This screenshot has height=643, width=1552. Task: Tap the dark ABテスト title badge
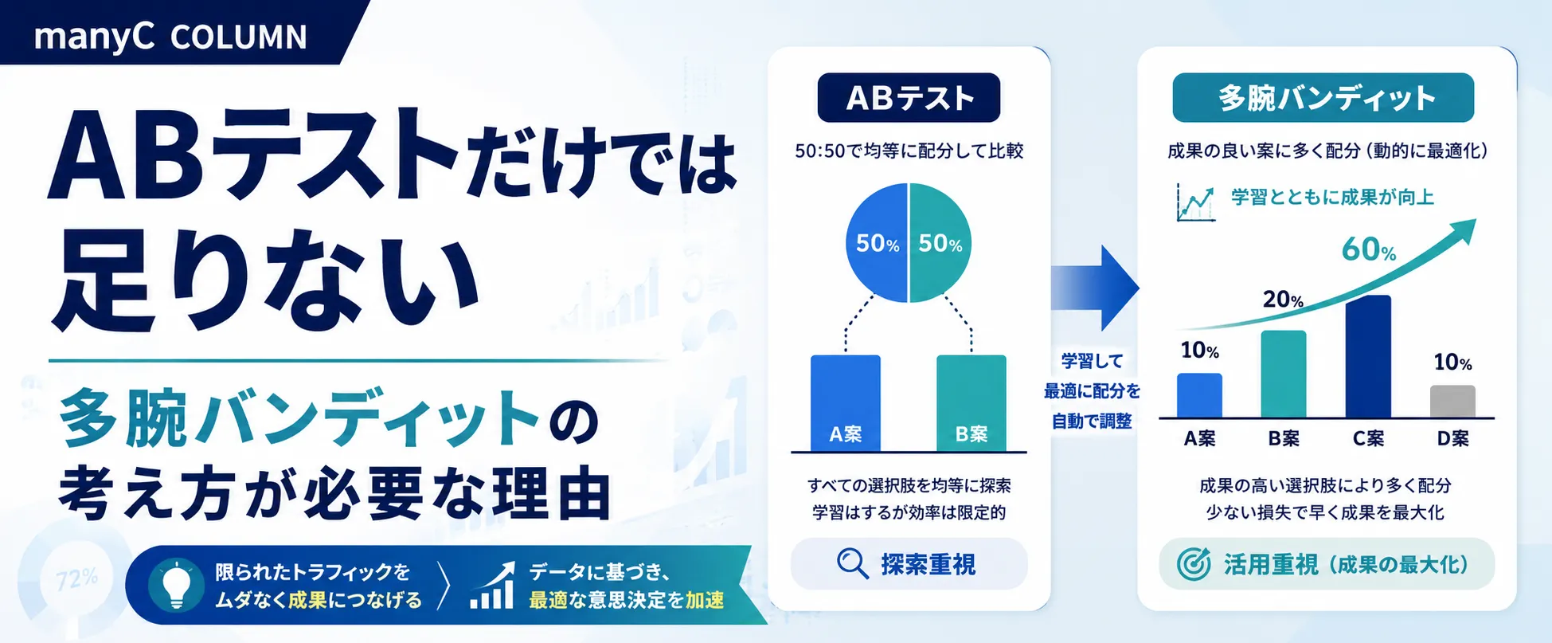point(909,98)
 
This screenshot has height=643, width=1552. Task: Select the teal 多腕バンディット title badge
point(1323,98)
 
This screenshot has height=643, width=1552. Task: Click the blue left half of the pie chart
point(877,243)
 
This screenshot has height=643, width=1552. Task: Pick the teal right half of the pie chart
point(940,243)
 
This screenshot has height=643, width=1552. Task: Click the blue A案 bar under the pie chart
point(846,403)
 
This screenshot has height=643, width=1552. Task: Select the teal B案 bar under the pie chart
point(971,403)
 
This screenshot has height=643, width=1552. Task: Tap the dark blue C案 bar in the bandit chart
point(1368,356)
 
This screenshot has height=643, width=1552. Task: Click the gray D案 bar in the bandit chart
point(1452,402)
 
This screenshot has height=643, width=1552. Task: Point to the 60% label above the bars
point(1369,250)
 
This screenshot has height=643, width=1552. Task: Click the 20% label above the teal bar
point(1283,300)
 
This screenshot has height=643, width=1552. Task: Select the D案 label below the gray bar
point(1452,438)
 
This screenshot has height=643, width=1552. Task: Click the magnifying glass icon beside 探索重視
point(852,564)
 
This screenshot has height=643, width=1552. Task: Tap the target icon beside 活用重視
point(1194,564)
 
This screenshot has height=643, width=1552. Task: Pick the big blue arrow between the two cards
point(1095,288)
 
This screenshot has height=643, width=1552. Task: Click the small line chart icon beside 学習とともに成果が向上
point(1195,202)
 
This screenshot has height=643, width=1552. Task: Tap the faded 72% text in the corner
point(77,578)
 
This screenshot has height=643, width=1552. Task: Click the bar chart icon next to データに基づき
point(492,586)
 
